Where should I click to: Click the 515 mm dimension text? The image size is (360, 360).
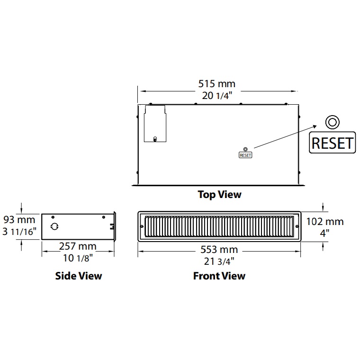(217, 84)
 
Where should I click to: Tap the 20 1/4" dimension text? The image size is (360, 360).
(217, 96)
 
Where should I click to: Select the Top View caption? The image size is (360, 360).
(219, 195)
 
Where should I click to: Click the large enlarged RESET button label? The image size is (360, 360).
(332, 143)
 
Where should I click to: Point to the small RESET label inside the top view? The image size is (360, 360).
(245, 155)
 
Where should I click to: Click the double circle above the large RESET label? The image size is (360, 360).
(332, 122)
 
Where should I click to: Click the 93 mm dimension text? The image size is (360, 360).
(19, 220)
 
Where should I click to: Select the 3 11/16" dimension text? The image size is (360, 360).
(19, 232)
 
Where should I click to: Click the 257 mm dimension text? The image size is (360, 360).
(78, 246)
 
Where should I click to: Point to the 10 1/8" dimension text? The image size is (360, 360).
(78, 258)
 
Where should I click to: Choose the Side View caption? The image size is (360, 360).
(79, 276)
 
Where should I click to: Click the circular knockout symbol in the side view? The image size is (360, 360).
(54, 226)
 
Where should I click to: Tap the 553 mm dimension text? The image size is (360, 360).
(219, 250)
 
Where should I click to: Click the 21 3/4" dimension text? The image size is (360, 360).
(219, 261)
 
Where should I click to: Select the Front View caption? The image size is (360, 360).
(219, 276)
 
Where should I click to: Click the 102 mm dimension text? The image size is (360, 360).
(325, 222)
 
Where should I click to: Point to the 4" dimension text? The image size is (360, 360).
(324, 233)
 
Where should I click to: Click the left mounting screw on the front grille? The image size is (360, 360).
(142, 226)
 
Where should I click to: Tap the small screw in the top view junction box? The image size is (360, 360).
(155, 139)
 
